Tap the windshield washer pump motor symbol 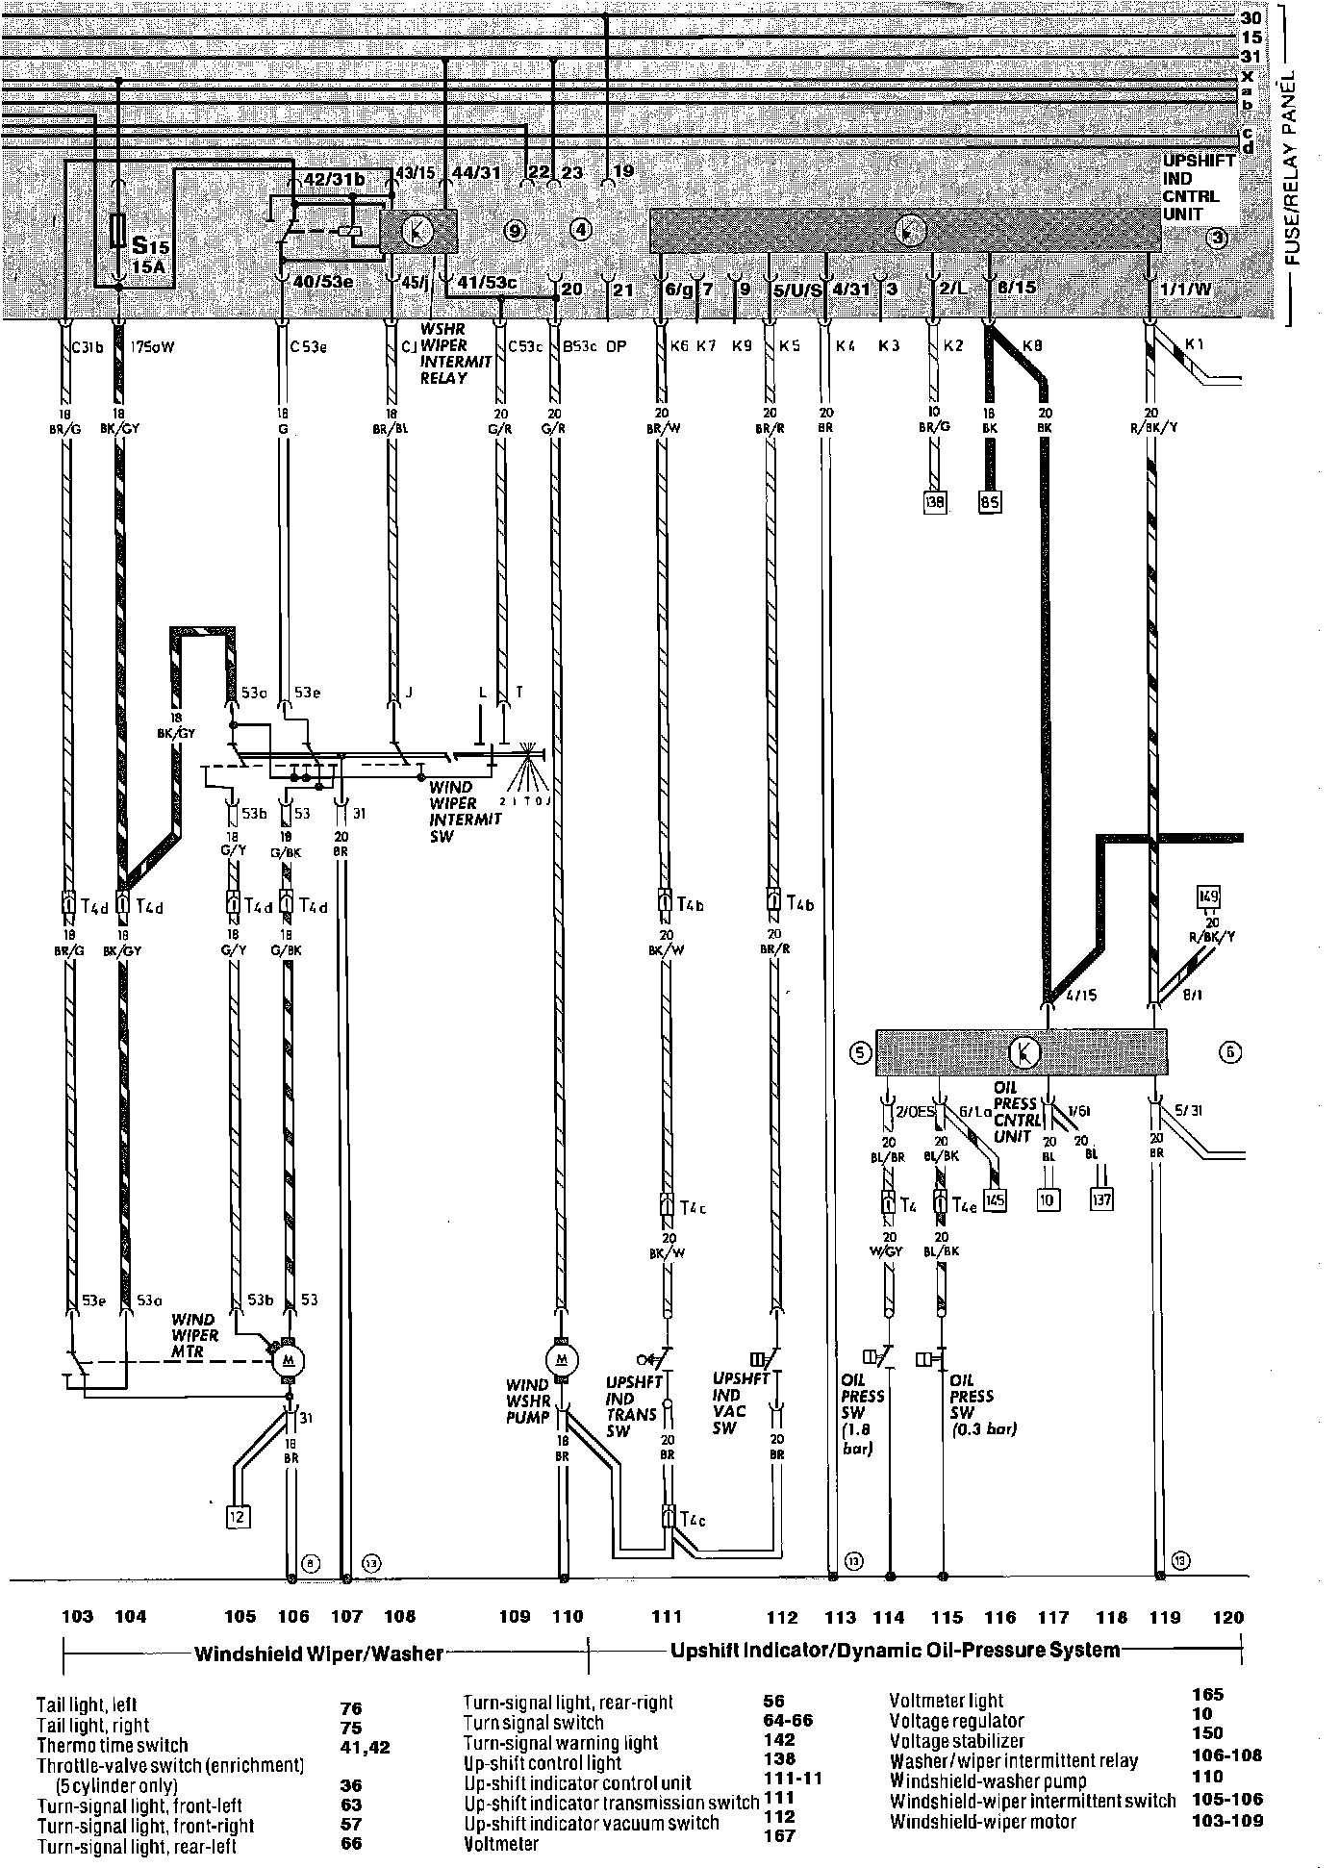click(561, 1359)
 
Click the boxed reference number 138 click(934, 500)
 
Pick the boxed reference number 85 click(989, 500)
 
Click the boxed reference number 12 click(238, 1517)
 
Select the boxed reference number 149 click(1208, 897)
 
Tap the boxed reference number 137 click(1101, 1199)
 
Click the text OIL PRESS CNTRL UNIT click(1016, 1111)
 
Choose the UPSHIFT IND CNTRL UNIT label click(1198, 188)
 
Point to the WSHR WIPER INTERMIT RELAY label click(456, 354)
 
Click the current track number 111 click(666, 1617)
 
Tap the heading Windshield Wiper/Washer click(318, 1653)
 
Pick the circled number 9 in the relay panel click(515, 231)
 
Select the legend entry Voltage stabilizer click(956, 1741)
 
